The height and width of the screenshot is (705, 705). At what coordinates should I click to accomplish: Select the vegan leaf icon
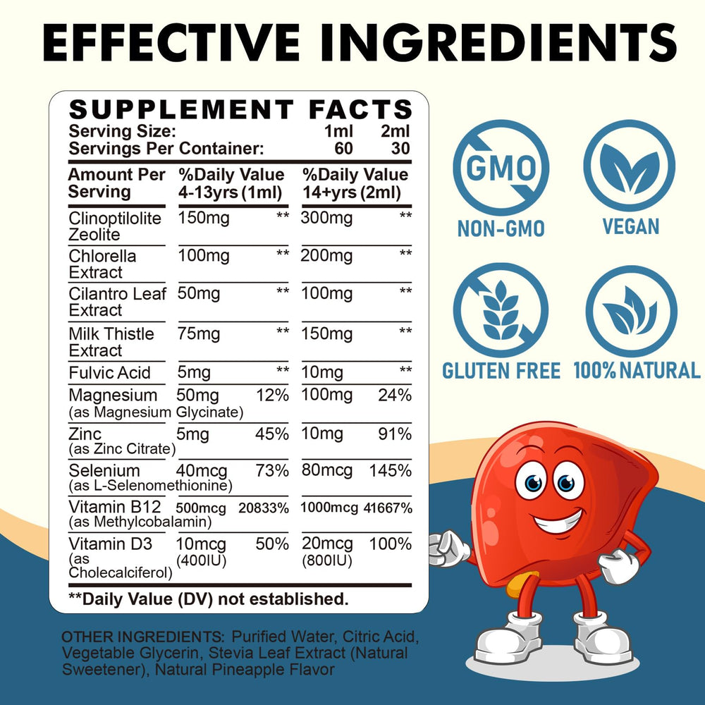click(x=630, y=166)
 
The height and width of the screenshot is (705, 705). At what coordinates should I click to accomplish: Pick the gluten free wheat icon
click(x=501, y=310)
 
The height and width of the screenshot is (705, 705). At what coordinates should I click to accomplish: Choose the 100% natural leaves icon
click(x=631, y=311)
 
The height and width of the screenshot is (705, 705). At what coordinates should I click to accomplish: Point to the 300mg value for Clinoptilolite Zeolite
click(x=327, y=219)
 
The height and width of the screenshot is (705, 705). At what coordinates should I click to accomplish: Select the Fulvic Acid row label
click(x=111, y=372)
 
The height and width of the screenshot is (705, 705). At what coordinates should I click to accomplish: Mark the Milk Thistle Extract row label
click(x=111, y=342)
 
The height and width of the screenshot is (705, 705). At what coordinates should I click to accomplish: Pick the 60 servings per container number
click(x=344, y=148)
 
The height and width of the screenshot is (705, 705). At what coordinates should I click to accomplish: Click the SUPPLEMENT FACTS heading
click(x=240, y=109)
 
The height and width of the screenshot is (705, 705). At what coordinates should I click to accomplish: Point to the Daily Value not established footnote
click(x=208, y=599)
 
